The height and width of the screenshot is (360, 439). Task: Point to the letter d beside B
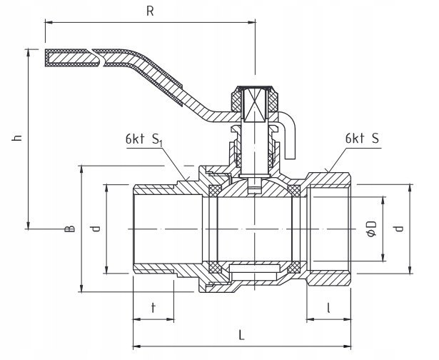[x=95, y=229]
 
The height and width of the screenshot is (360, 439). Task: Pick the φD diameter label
[x=370, y=230]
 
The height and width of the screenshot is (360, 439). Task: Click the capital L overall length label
[x=242, y=333]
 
